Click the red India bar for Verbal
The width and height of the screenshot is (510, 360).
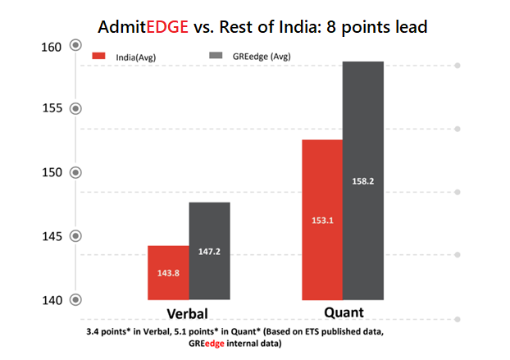pos(168,272)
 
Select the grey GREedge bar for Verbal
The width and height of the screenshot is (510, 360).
pos(210,250)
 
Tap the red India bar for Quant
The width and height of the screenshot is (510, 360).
pos(321,219)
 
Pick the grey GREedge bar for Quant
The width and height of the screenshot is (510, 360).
pos(363,180)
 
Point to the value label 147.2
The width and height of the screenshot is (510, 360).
pos(211,252)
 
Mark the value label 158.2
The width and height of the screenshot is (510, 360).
pos(362,181)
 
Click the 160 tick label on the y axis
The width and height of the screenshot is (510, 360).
pos(52,47)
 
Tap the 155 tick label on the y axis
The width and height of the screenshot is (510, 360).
pos(52,108)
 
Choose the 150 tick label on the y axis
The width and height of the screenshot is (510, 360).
pos(52,172)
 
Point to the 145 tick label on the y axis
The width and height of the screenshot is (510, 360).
pos(52,236)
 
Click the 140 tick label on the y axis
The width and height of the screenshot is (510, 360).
pos(52,300)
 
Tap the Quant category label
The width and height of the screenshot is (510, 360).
pos(343,313)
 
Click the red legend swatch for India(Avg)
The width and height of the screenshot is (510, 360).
pos(101,56)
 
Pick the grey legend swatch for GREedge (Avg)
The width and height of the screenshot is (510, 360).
pos(217,56)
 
